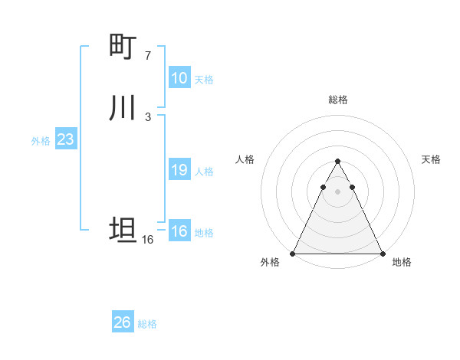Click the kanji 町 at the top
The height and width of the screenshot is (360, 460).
click(123, 46)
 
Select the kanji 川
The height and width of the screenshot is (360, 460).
click(123, 107)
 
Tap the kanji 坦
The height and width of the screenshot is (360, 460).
click(123, 229)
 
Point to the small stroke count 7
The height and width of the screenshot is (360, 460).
click(148, 55)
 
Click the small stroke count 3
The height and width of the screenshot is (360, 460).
click(148, 116)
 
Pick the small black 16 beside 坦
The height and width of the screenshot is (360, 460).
click(148, 240)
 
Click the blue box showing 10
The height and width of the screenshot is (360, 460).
click(179, 78)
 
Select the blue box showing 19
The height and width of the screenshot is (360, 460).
click(179, 170)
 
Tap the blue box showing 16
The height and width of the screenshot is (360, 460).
click(179, 231)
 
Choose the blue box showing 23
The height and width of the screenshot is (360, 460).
click(65, 140)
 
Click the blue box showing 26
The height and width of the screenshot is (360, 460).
click(122, 322)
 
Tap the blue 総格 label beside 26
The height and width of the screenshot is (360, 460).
click(147, 324)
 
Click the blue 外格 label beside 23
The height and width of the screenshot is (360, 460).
click(41, 141)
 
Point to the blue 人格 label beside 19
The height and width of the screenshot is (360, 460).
click(205, 172)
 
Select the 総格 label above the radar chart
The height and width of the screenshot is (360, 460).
click(338, 100)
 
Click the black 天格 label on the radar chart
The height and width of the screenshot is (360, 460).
click(431, 159)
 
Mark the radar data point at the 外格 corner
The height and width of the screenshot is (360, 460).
click(293, 254)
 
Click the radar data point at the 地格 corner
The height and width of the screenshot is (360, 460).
click(382, 254)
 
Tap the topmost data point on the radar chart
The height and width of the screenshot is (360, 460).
click(337, 162)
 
